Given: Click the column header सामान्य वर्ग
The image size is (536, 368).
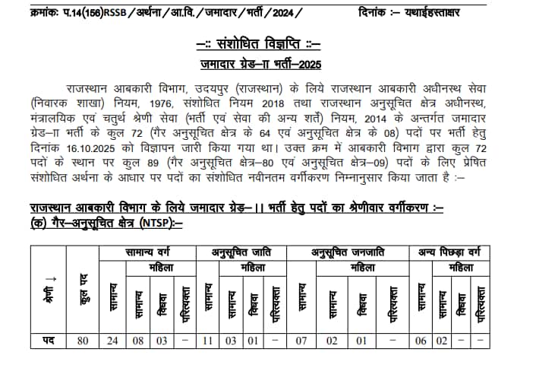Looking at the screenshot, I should click(150, 252).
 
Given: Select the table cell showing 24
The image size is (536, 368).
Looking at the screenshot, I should click(112, 342).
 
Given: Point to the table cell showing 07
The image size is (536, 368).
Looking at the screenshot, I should click(302, 342).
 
